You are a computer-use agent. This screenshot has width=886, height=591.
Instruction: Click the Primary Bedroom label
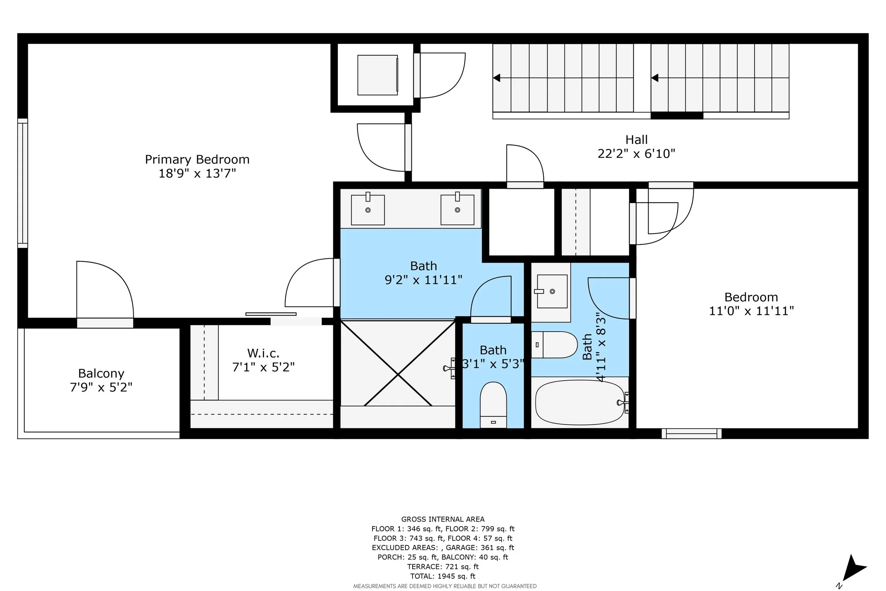[x=197, y=160]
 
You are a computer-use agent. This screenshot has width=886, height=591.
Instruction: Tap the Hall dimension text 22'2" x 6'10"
[x=637, y=154]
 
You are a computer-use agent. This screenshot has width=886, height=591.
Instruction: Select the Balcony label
[x=101, y=373]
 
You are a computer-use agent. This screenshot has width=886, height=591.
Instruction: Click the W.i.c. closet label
[x=263, y=353]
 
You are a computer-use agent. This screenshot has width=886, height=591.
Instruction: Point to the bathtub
[x=580, y=402]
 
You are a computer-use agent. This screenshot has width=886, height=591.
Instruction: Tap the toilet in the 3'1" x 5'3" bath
[x=493, y=405]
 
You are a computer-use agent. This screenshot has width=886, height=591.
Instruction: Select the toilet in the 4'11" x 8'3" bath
[x=554, y=344]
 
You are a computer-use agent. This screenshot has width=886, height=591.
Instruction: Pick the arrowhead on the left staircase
[x=497, y=78]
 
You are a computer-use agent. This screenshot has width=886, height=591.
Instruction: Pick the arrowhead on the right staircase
[x=655, y=78]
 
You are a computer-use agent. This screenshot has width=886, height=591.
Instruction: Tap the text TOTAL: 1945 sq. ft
[x=443, y=576]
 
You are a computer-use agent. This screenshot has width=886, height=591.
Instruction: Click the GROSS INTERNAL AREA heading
[x=443, y=519]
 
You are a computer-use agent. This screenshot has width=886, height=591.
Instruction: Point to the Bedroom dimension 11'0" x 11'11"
[x=751, y=311]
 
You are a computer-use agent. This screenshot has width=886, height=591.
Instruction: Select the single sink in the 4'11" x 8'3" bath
[x=552, y=291]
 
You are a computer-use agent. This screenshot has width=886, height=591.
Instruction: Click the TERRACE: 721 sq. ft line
[x=443, y=567]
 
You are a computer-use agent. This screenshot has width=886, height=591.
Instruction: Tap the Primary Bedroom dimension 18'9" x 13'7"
[x=197, y=173]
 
